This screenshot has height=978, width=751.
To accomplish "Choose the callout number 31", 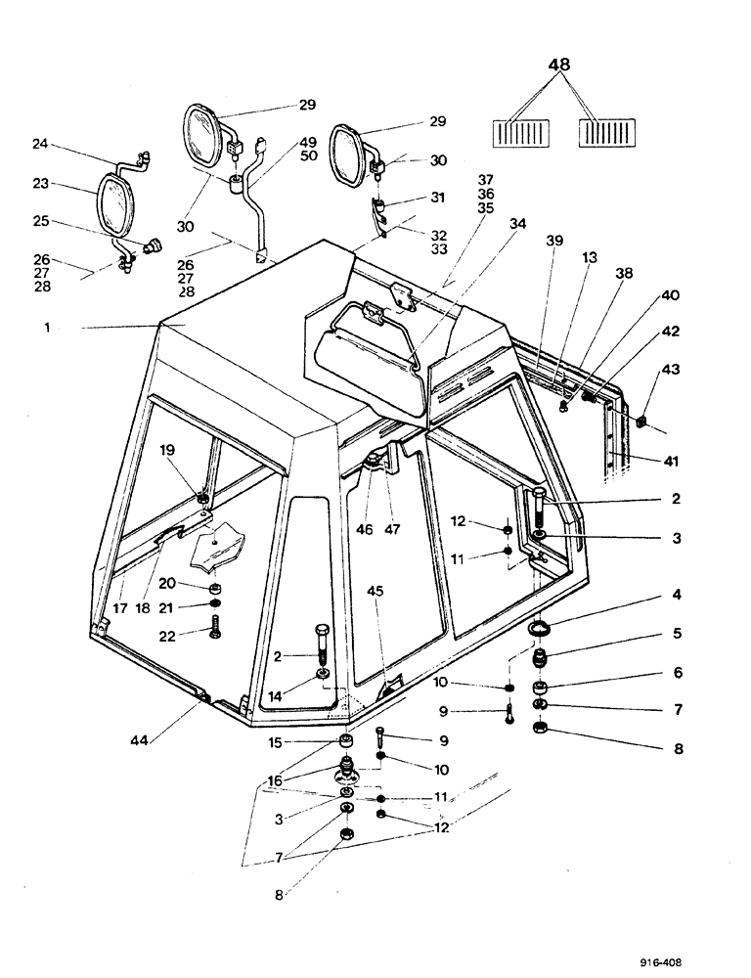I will point(438,198).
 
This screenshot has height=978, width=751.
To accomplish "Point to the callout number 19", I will point(168,451).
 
